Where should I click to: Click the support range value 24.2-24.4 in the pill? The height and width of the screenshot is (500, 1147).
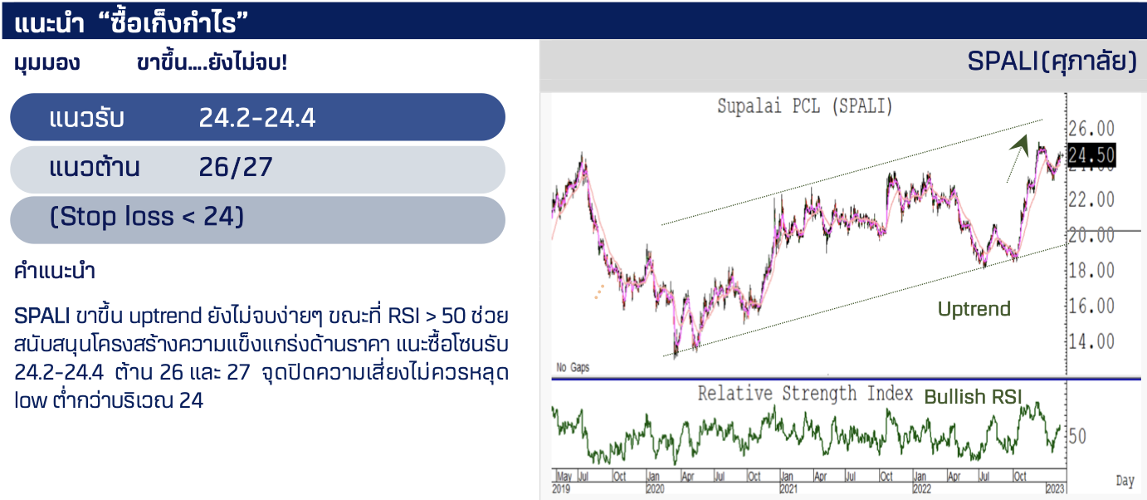257,117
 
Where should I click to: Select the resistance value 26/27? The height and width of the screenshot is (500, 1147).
236,167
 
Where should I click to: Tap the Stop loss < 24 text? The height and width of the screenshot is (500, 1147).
146,216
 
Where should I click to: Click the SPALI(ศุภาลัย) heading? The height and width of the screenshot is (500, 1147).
1052,61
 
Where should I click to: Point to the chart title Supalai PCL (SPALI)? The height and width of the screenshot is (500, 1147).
804,106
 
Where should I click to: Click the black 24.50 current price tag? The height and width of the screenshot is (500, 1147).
1091,154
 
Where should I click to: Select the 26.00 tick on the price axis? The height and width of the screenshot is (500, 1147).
1091,128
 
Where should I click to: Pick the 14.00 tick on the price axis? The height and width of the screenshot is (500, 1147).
1091,341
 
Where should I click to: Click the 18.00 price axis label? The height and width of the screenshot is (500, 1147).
1091,270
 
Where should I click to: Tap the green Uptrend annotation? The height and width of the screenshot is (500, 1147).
974,309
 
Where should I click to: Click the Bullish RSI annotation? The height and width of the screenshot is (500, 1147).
973,396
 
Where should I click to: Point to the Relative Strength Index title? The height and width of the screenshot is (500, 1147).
805,394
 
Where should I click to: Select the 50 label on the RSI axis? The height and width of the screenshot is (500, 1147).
1077,437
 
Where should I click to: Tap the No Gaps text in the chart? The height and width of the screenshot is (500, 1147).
573,367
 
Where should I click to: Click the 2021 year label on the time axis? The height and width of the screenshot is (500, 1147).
788,488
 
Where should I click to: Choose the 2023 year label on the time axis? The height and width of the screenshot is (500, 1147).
1055,488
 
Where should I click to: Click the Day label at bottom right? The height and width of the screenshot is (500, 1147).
1125,481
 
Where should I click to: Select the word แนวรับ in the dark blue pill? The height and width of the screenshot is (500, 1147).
86,117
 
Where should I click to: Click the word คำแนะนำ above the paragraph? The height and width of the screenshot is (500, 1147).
55,271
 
